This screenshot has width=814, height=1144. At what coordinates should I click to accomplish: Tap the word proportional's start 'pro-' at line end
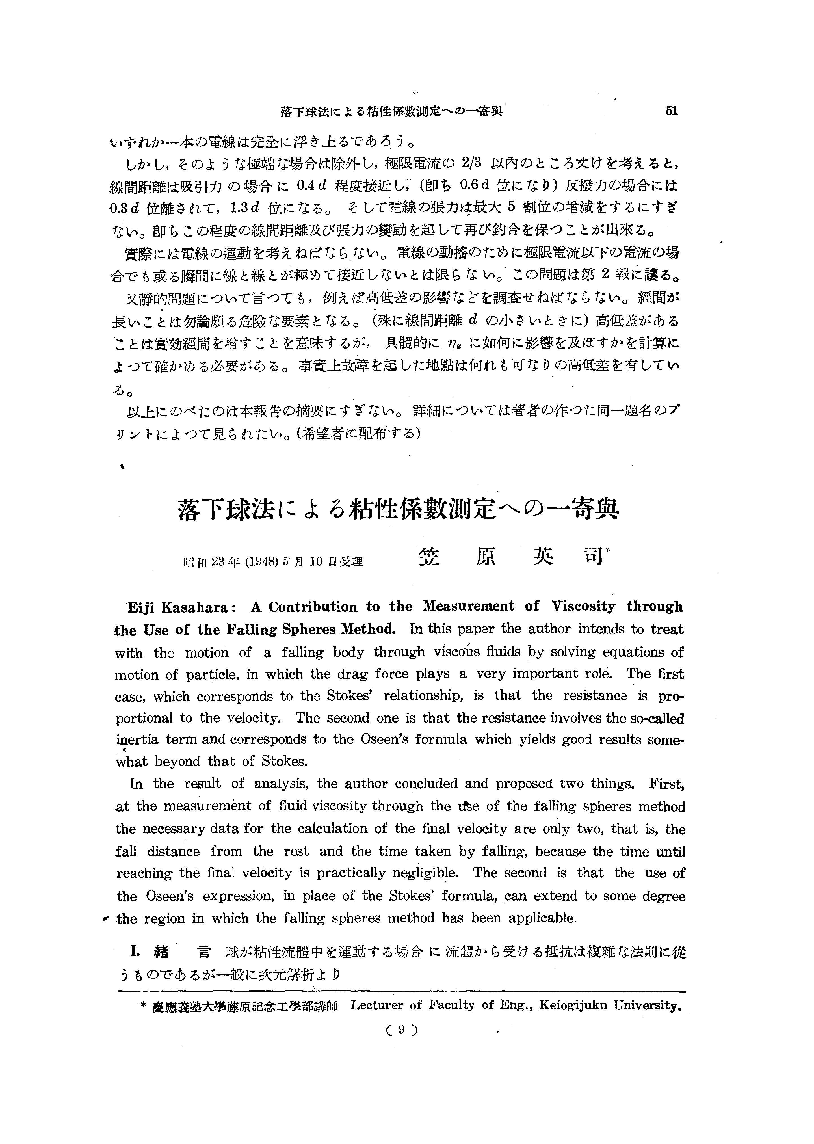pyautogui.click(x=671, y=696)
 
